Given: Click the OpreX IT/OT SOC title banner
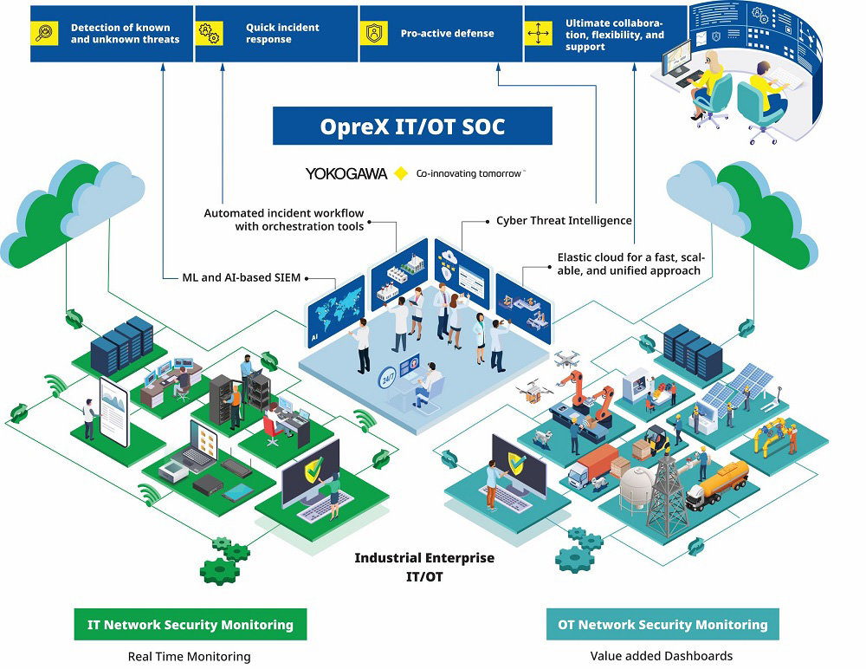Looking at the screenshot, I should point(412,127).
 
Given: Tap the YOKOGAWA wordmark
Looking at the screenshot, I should point(346,173).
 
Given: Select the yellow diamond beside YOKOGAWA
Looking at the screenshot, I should point(401,173).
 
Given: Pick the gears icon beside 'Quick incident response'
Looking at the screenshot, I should point(210,34).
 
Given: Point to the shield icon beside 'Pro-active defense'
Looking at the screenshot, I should point(374,34).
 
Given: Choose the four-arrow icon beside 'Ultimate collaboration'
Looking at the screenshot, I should point(539,34).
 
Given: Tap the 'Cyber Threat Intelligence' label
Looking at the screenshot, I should point(564,221).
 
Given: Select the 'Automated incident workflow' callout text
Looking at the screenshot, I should point(284,219).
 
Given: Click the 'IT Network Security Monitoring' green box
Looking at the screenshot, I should point(191,624).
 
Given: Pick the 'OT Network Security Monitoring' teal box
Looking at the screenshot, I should point(662,624).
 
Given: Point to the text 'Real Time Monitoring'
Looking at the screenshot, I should point(189,656).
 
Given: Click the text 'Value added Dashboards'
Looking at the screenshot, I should point(662,656).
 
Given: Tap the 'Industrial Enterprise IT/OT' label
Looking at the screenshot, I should point(424,567).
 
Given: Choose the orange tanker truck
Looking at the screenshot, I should point(719,485).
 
